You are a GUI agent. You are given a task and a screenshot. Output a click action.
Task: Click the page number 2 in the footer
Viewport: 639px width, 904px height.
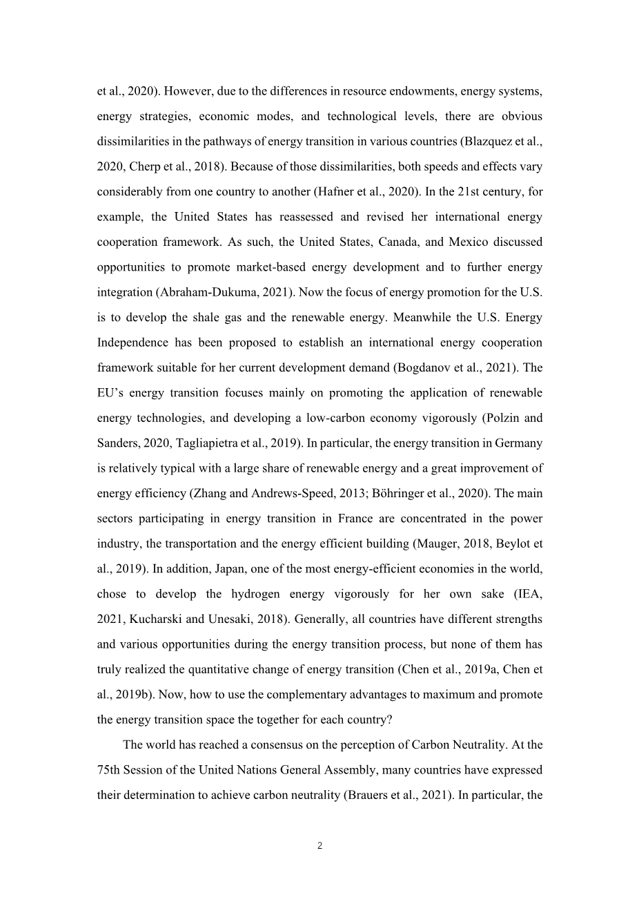(319, 845)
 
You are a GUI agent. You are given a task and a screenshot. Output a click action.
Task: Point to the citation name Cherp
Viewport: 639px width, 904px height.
(143, 166)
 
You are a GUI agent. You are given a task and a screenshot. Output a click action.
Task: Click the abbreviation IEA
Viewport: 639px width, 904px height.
(529, 594)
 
